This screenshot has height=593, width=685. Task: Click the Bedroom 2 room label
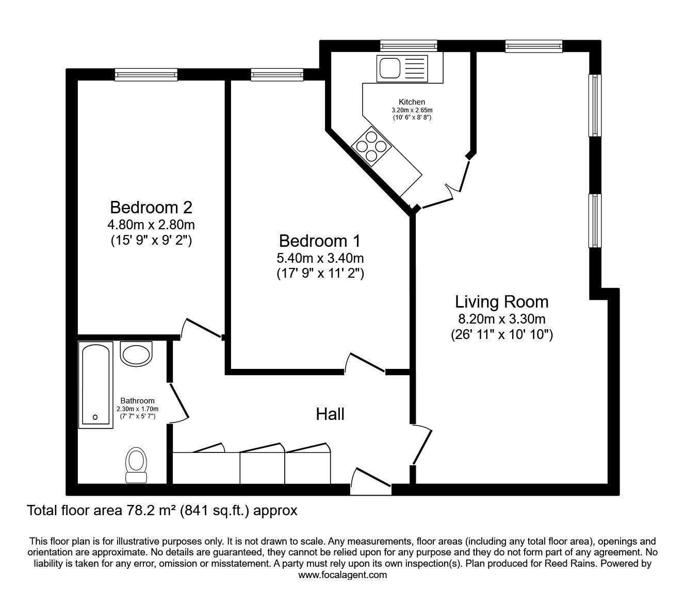[x=151, y=208]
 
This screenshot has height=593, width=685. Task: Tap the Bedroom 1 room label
[x=320, y=241]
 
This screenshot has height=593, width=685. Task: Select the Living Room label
[x=501, y=301]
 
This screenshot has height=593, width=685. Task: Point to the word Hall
[x=330, y=414]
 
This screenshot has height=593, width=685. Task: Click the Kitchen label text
[x=412, y=102]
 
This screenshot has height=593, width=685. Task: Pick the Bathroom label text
[x=137, y=400]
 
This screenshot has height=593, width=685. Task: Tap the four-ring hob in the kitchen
[x=369, y=145]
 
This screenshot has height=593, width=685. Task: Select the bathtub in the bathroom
[x=96, y=384]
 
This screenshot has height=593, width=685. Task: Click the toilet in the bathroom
[x=137, y=462]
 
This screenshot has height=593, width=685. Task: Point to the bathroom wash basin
[x=137, y=353]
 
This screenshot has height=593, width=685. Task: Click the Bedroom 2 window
[x=146, y=75]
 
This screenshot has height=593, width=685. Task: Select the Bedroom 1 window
[x=277, y=75]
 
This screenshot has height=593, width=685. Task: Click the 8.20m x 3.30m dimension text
[x=501, y=319]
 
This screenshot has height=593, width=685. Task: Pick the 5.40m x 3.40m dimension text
[x=320, y=259]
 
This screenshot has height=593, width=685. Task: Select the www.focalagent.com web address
[x=342, y=575]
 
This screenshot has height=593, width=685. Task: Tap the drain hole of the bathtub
[x=95, y=417]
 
